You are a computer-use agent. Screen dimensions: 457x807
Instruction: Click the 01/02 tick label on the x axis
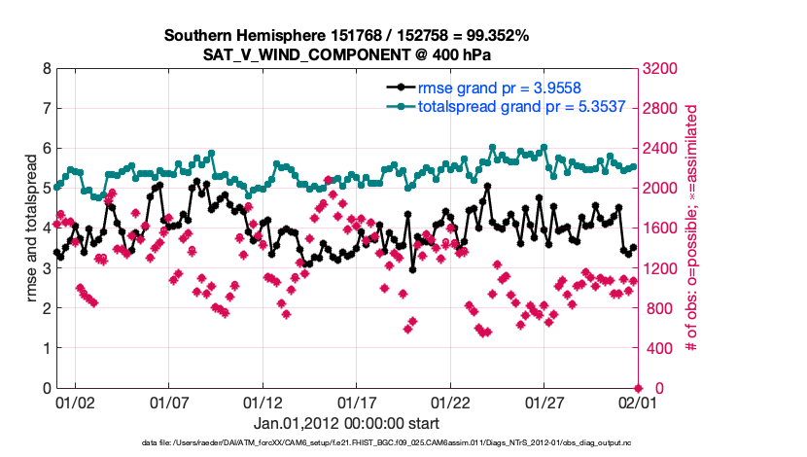point(75,401)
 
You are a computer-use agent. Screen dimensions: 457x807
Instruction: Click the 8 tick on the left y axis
point(46,69)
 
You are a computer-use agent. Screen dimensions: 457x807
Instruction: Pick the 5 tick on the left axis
point(46,189)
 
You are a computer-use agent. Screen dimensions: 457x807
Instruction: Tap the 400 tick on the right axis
point(655,348)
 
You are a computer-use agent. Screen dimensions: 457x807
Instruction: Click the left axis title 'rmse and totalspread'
point(31,228)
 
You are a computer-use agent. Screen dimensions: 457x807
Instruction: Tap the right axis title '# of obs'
point(692,228)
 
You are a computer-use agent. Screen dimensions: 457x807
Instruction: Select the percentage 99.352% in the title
point(494,36)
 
